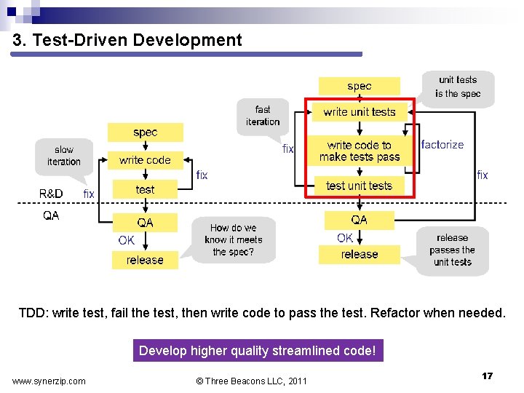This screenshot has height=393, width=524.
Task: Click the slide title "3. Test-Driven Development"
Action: tap(127, 40)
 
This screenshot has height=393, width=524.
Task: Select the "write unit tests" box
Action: tap(360, 111)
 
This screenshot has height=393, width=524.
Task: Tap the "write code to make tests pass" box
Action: tap(360, 151)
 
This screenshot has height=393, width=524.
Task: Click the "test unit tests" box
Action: tap(360, 186)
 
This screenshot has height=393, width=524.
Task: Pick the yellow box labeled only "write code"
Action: tap(145, 160)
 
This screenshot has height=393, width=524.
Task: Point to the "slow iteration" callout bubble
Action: tap(64, 156)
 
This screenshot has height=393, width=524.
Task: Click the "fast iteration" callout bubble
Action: tap(263, 116)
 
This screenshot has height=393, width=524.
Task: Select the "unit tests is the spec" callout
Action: tap(458, 87)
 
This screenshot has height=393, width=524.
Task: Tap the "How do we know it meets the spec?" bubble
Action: tap(234, 239)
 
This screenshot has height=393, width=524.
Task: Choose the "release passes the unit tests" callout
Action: tap(453, 250)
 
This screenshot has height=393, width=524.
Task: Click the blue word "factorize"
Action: tap(442, 145)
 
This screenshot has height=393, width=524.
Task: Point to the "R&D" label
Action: tap(51, 194)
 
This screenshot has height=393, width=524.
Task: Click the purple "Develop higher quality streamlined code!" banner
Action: tap(257, 351)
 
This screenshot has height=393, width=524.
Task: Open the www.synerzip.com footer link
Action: tap(49, 381)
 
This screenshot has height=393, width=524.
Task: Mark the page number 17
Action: tap(487, 376)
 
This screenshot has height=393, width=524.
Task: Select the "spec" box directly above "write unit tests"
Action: tap(360, 86)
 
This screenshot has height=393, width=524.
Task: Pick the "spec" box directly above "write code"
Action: tap(145, 132)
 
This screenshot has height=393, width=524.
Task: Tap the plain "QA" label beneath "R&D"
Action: tap(51, 215)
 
